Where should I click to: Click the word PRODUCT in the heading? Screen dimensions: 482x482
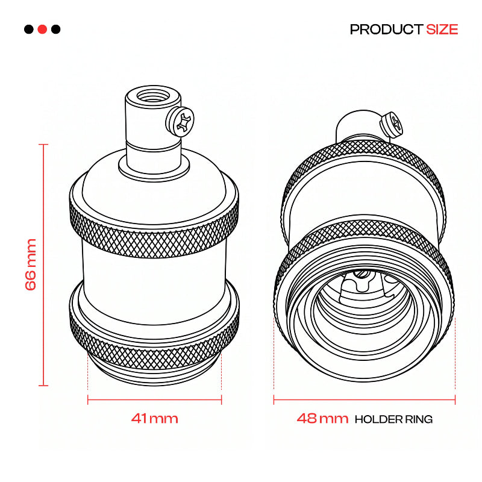(x=386, y=30)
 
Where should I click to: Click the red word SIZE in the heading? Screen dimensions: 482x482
(x=442, y=30)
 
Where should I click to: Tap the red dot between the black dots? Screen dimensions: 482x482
(x=42, y=29)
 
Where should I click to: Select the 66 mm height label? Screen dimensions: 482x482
(x=31, y=264)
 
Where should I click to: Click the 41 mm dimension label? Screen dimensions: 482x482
(x=155, y=418)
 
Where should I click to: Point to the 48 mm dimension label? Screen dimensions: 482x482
(x=322, y=418)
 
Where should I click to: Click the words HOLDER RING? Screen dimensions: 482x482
(x=394, y=419)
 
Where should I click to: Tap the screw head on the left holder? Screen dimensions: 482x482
(x=180, y=120)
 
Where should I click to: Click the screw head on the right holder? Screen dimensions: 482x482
(x=391, y=124)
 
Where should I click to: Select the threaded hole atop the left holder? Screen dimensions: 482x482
(x=153, y=95)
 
